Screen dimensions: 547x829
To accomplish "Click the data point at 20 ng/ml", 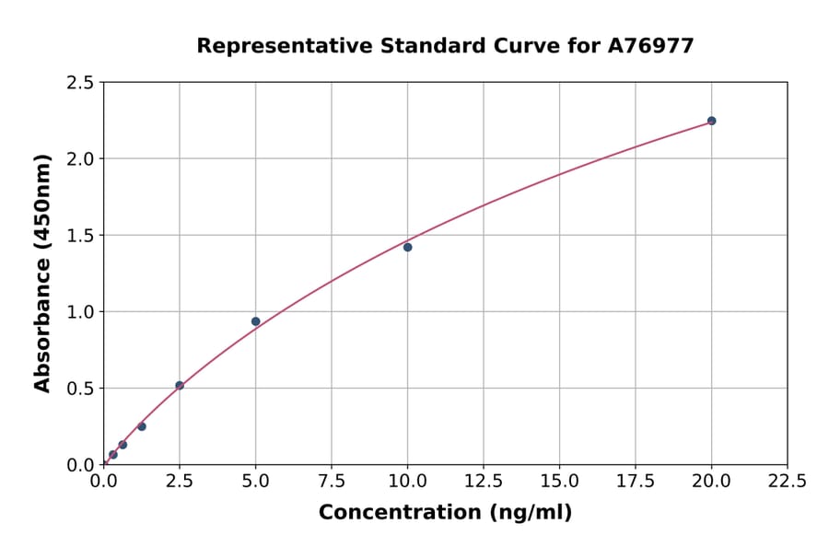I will [711, 121].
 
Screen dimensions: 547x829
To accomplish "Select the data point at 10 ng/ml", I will [407, 247].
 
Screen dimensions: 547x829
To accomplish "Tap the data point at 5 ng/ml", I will [255, 321].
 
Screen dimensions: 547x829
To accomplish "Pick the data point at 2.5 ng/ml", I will [180, 386].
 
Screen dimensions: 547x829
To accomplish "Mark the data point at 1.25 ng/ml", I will [142, 426].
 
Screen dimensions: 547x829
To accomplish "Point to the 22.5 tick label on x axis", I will [787, 482].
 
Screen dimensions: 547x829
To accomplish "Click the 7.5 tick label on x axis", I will [332, 482].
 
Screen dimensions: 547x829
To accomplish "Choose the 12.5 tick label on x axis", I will [483, 482].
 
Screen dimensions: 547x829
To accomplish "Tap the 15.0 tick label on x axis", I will [559, 482].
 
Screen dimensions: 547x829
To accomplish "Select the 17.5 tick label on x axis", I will [635, 482].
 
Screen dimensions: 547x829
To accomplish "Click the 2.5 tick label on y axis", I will [80, 83].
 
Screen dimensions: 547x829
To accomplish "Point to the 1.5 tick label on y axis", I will [80, 236].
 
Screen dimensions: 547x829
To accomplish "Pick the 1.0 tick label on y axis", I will [80, 312].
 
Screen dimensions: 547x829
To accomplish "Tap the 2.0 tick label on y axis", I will [80, 159].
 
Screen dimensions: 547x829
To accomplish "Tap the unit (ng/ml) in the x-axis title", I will [530, 512].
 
